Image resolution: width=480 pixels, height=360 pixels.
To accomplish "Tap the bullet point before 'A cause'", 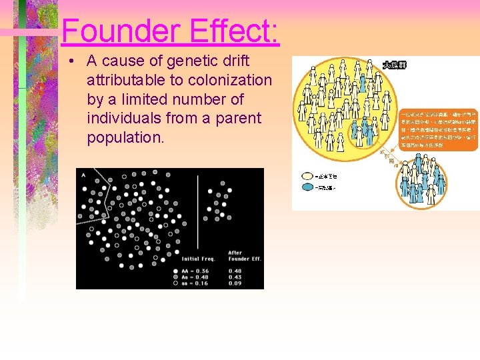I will click(71, 61).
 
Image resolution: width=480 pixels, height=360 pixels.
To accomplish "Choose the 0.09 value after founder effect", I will click(235, 283).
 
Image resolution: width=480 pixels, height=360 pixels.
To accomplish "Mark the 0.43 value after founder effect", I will click(235, 276).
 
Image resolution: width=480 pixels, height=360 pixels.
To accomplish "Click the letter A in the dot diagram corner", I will click(83, 175).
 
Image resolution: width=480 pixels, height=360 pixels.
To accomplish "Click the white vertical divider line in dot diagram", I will click(197, 213).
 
